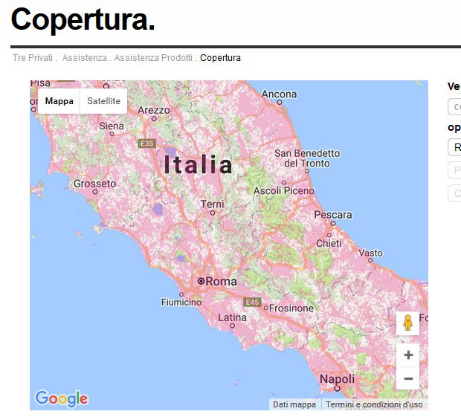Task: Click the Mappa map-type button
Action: (x=59, y=101)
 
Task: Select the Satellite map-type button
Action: (x=103, y=101)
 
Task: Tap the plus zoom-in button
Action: (x=408, y=355)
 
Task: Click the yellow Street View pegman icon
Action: (x=407, y=323)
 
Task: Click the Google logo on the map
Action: (x=61, y=398)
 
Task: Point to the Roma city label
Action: (x=221, y=281)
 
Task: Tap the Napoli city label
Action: (x=337, y=379)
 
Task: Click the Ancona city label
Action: (x=279, y=94)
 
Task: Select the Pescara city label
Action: (x=333, y=215)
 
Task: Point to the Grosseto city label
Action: (x=95, y=183)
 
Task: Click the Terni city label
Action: (x=212, y=204)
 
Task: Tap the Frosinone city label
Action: (x=290, y=308)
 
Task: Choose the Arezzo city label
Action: (x=154, y=110)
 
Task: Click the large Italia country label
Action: (x=199, y=164)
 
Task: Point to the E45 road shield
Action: (x=253, y=302)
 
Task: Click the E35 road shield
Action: (x=146, y=143)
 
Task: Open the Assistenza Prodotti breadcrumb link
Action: (x=154, y=58)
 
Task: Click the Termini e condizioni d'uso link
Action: (x=374, y=404)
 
